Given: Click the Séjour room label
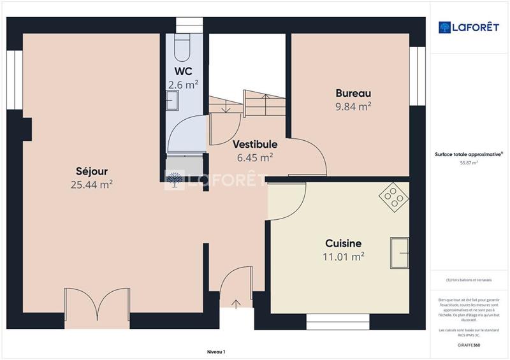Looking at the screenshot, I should (92, 171).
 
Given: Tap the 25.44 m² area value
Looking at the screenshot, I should (92, 185).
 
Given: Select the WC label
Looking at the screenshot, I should (183, 71).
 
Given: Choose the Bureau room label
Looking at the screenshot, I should (353, 93).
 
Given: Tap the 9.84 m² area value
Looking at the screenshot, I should (353, 107).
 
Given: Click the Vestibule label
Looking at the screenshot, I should (254, 144).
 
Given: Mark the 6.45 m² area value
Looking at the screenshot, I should (254, 157).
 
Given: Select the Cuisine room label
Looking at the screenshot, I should (344, 243).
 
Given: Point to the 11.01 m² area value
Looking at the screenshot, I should (344, 257).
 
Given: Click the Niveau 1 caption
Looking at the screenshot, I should (216, 351).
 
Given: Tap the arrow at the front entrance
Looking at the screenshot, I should (237, 303).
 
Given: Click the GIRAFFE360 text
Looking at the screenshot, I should (469, 344).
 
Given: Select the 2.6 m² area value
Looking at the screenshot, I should (183, 84).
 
